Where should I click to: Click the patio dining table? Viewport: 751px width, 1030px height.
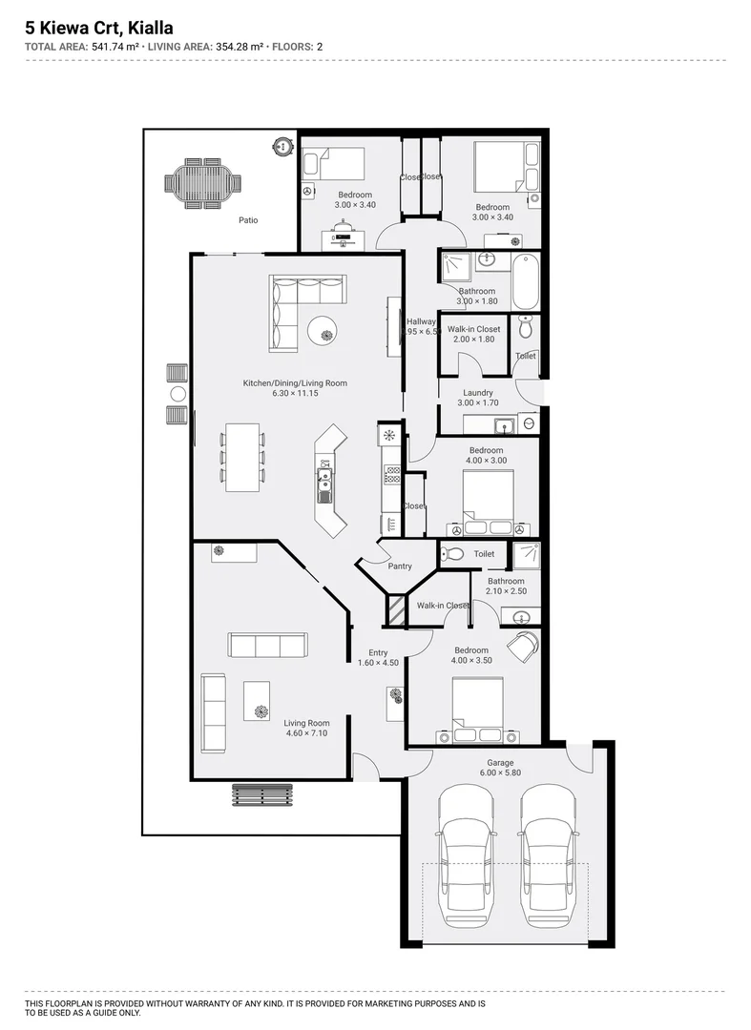pos(202,181)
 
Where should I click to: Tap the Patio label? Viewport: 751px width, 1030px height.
pos(248,220)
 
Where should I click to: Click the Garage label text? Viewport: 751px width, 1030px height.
pos(500,763)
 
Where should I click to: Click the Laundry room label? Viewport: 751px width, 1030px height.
pos(477,393)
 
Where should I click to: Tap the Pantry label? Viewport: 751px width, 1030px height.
pos(400,566)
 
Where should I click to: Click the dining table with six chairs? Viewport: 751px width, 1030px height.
pos(242,458)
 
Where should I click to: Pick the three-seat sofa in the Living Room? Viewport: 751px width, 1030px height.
pos(267,645)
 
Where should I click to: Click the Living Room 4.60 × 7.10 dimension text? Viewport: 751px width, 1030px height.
pos(306,733)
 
